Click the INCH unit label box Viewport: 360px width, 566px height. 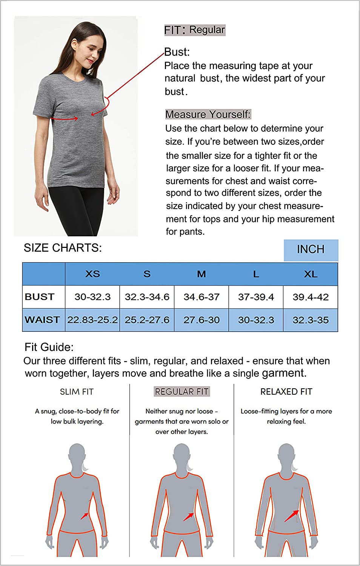[x=311, y=250]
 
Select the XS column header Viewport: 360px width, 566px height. [x=92, y=274]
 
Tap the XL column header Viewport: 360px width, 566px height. [x=311, y=274]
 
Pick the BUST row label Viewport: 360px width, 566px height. [x=40, y=297]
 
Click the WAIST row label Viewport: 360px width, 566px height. [x=42, y=320]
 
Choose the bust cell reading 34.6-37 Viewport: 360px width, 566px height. [x=202, y=297]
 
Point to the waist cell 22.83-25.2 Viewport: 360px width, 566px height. [x=92, y=320]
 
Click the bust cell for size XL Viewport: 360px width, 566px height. [x=311, y=297]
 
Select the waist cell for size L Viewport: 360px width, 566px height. [x=256, y=320]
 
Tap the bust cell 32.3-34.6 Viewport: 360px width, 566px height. [x=147, y=297]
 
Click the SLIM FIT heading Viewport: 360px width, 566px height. [x=77, y=392]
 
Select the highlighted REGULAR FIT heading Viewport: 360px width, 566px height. [x=182, y=392]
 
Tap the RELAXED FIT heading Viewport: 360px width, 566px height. [x=286, y=392]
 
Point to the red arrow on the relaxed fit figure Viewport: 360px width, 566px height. [x=291, y=516]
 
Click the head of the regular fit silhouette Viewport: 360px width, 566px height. [x=182, y=455]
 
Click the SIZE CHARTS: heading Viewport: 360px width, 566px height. [x=63, y=248]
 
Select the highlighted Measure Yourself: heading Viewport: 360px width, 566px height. [x=208, y=114]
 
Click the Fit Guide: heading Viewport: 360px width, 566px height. [x=49, y=347]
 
